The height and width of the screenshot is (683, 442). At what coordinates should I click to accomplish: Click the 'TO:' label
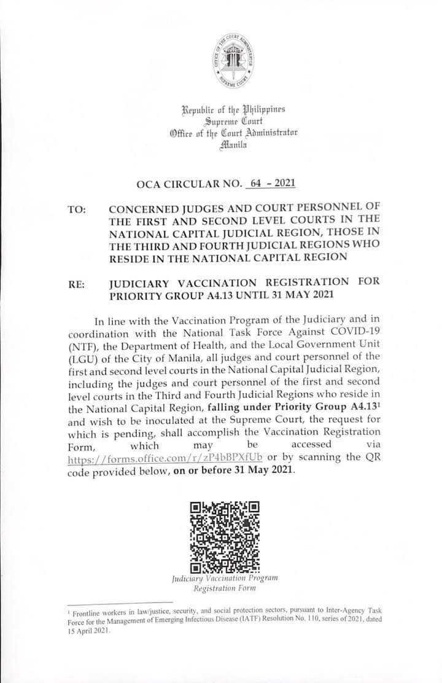pos(77,210)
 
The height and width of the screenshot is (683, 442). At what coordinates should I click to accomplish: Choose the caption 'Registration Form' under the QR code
pos(225,588)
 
